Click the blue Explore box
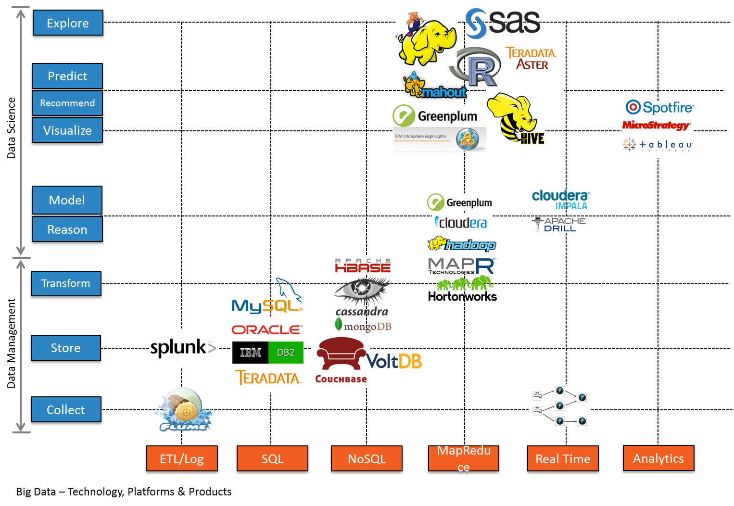point(68,23)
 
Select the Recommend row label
point(67,103)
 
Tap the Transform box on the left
point(66,284)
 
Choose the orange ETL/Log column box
point(182,459)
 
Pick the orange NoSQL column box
point(367,459)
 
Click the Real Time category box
point(563,459)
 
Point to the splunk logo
point(183,348)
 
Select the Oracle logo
point(266,329)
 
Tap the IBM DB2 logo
point(268,353)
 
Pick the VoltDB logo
point(395,361)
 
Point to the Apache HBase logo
point(363,266)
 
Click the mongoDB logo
point(363,326)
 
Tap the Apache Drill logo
point(559,225)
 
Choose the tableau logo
point(658,145)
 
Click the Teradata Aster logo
point(532,59)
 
